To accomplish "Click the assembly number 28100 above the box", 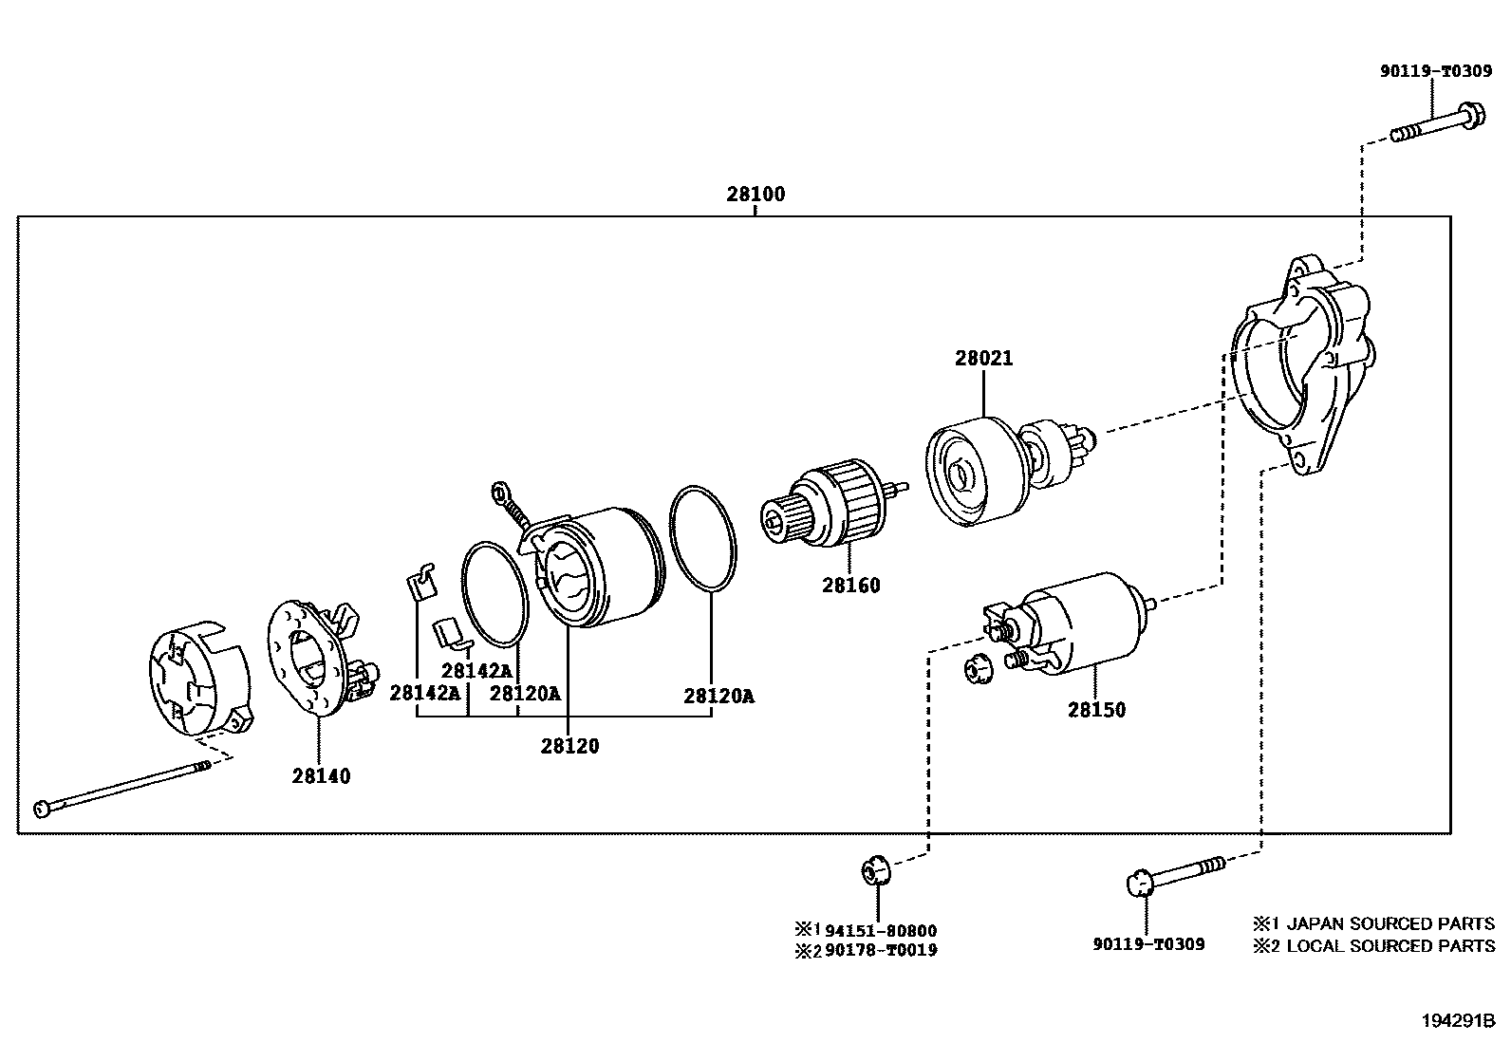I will (755, 195).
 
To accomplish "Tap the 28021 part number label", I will (983, 359).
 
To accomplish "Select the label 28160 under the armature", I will (850, 586).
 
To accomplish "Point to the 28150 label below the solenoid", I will (1096, 710).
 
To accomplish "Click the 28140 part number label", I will (321, 776).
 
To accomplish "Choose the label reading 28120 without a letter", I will (569, 746).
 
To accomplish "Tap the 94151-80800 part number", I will (880, 931).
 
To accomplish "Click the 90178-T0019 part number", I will (880, 950).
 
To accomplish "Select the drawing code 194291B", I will (1457, 1021).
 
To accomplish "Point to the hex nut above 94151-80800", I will (874, 869).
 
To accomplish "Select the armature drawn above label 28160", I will (835, 503).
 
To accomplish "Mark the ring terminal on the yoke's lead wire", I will (499, 492).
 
